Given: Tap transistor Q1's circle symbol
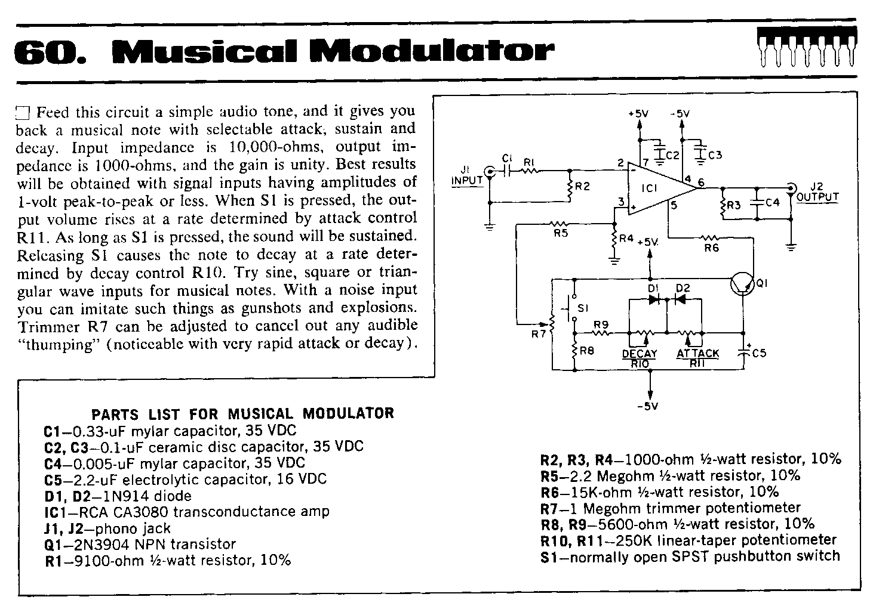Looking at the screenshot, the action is click(742, 285).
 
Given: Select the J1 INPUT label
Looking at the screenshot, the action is click(467, 175).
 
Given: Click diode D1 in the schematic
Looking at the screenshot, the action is click(654, 299).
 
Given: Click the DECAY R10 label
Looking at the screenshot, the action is click(640, 358).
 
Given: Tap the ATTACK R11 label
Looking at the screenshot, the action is click(697, 358).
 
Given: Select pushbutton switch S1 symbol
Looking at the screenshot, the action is click(571, 307).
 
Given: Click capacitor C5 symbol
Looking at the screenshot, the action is click(743, 352).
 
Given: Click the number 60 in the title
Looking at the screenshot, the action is click(50, 51).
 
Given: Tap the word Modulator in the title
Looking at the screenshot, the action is click(432, 51).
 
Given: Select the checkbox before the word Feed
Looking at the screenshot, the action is click(23, 113).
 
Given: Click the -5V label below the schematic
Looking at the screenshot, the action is click(648, 407).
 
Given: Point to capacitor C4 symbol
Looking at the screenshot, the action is click(758, 202).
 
